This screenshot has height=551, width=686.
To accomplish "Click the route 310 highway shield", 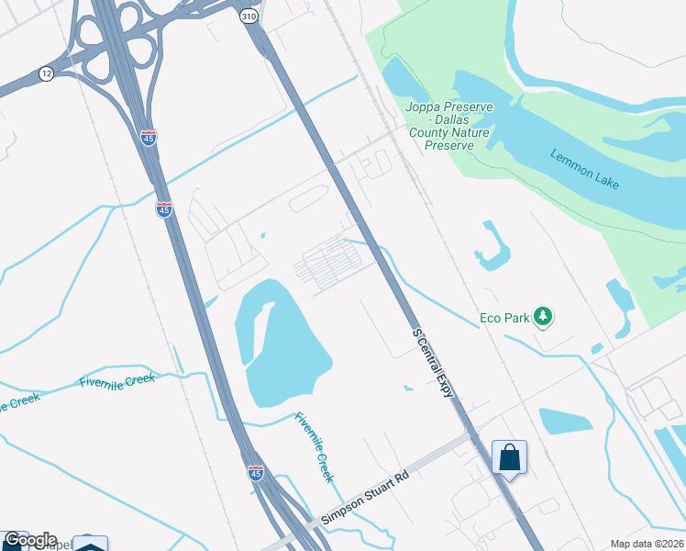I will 249,17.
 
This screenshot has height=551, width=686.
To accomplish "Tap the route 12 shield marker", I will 46,73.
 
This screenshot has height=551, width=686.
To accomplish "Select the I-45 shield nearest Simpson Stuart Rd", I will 256,472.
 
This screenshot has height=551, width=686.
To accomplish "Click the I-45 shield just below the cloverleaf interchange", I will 149,137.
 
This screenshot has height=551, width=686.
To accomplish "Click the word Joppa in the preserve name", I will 424,107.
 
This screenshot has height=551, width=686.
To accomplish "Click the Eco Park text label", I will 505,319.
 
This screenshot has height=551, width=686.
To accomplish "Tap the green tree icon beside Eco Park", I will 544,316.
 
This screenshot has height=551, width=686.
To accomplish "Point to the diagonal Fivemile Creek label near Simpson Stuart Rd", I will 314,447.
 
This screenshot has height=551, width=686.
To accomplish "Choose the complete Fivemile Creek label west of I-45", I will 117,381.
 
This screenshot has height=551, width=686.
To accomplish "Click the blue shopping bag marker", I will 509,457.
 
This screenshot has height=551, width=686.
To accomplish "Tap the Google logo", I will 29,540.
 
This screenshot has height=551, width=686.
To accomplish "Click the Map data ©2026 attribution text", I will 647,544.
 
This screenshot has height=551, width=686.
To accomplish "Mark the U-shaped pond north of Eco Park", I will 494,248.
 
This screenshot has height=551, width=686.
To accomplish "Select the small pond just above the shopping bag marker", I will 564,421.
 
